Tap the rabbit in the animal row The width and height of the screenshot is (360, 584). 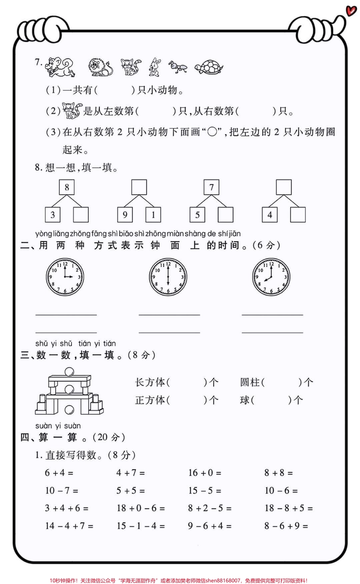pyautogui.click(x=154, y=67)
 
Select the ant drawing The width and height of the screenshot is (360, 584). pyautogui.click(x=178, y=66)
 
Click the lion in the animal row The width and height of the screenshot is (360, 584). pyautogui.click(x=100, y=67)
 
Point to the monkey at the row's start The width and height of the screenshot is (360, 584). pyautogui.click(x=60, y=67)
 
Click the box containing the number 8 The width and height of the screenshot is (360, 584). pyautogui.click(x=67, y=187)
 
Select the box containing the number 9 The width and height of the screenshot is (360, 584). pyautogui.click(x=125, y=215)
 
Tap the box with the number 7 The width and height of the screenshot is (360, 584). pyautogui.click(x=211, y=187)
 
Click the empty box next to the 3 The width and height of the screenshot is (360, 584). pyautogui.click(x=81, y=215)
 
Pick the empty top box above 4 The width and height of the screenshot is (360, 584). pyautogui.click(x=284, y=187)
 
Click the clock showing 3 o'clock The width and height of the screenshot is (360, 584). pyautogui.click(x=65, y=277)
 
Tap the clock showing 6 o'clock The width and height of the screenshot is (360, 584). pyautogui.click(x=168, y=277)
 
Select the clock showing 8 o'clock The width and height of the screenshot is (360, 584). pyautogui.click(x=271, y=277)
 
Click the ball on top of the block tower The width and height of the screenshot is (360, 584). pyautogui.click(x=70, y=372)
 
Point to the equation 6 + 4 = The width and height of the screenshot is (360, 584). pyautogui.click(x=59, y=473)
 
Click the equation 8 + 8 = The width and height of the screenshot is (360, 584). pyautogui.click(x=279, y=473)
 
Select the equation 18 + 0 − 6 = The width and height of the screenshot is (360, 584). pyautogui.click(x=141, y=508)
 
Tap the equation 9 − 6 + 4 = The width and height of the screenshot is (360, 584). pyautogui.click(x=210, y=526)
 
